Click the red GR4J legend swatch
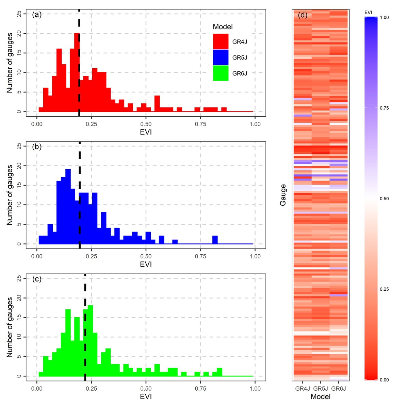tap(221, 41)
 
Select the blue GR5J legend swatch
tap(221, 57)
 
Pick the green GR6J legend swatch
tap(221, 73)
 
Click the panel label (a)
tap(37, 15)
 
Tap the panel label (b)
tap(37, 147)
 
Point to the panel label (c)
tap(37, 279)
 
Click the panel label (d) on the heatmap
tap(303, 15)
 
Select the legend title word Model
tap(223, 27)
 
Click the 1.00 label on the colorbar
tap(384, 17)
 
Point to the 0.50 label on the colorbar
tap(384, 199)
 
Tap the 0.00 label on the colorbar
tap(384, 380)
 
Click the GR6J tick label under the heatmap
tap(339, 389)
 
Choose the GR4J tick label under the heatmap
tap(303, 389)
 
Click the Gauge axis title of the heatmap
tap(283, 195)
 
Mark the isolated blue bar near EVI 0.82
tap(215, 240)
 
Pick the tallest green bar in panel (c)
tap(90, 340)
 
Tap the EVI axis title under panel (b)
tap(146, 264)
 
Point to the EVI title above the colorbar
tap(368, 12)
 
